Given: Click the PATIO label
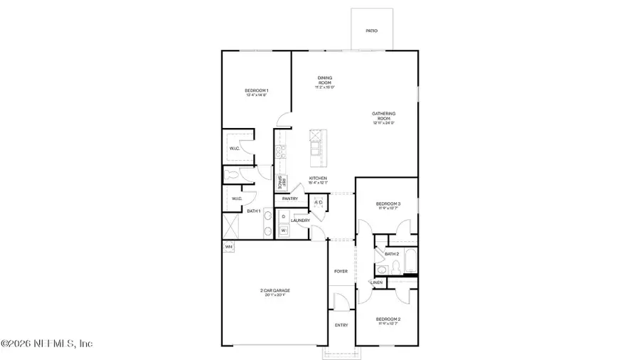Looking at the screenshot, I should pos(371,31).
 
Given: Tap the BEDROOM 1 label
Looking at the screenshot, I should pos(257,91).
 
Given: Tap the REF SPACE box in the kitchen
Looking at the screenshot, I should pos(281,182).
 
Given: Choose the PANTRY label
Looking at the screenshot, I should pos(290,198).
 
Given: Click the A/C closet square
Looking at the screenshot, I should pos(319,203).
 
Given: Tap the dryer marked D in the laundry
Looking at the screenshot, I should pos(282,216).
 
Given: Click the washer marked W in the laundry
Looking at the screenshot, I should pos(282,231).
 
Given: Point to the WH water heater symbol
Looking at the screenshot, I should pos(228,247).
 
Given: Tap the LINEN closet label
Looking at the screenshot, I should pos(377,283).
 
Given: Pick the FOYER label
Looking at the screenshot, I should pos(341,271).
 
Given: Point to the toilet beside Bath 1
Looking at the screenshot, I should pos(230,173).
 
